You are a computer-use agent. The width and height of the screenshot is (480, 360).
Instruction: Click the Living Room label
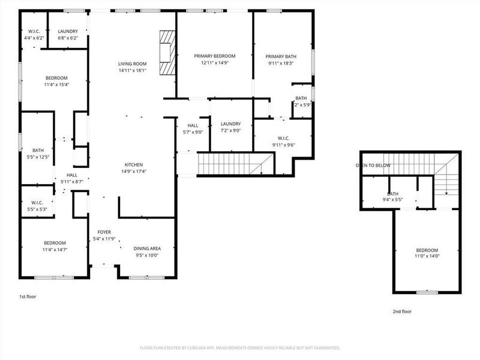tap(132, 63)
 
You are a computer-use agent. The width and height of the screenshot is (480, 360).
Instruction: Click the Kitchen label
tap(133, 164)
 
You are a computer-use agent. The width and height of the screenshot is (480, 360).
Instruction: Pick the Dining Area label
tap(146, 248)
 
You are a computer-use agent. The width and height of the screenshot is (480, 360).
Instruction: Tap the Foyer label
tap(104, 232)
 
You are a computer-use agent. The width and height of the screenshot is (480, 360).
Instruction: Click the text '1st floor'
tap(28, 296)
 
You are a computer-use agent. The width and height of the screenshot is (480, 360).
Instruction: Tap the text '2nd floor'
tap(402, 311)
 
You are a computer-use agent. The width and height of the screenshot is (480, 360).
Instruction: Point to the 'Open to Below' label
tap(373, 165)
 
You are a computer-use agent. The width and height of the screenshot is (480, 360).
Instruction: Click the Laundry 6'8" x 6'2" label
tap(67, 34)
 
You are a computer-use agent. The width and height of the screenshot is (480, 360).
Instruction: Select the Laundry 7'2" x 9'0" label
tap(230, 128)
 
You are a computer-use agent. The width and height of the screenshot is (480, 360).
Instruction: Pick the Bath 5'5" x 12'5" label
tap(38, 154)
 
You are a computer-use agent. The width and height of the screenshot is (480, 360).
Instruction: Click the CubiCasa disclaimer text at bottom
tap(240, 347)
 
